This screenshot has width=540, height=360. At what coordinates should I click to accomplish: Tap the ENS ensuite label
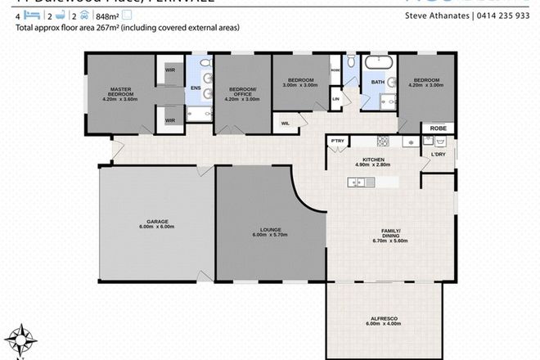click(x=196, y=88)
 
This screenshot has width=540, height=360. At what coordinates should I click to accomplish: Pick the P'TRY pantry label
click(x=335, y=142)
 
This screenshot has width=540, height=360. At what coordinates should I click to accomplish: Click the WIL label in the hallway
click(x=286, y=124)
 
